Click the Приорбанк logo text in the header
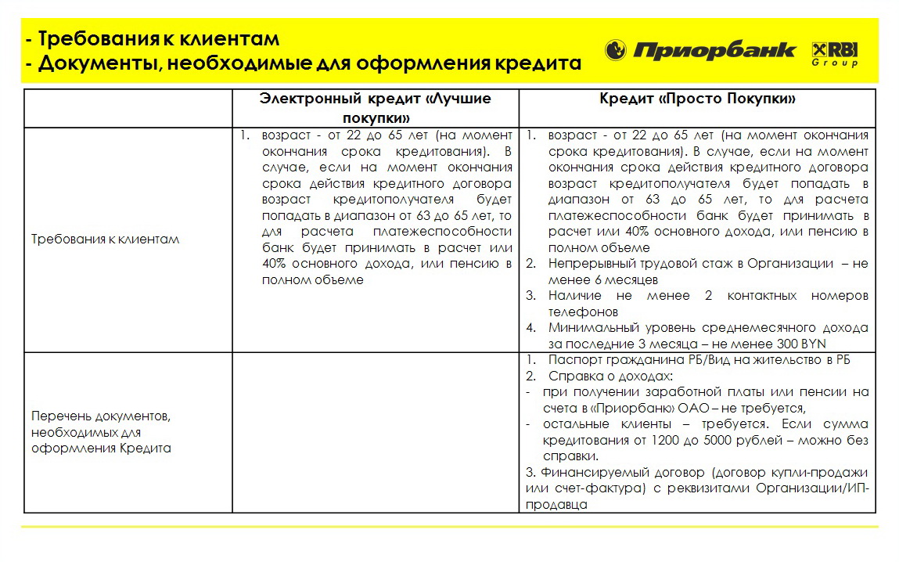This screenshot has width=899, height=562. (714, 52)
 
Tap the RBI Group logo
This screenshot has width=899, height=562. (835, 52)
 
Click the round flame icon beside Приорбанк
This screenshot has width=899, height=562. (616, 51)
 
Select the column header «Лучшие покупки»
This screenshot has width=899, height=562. (376, 108)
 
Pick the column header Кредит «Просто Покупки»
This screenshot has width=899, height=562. (698, 99)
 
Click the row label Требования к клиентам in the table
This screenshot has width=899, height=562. (106, 239)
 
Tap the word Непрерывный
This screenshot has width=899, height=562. (590, 264)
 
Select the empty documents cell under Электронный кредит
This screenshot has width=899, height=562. (376, 432)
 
